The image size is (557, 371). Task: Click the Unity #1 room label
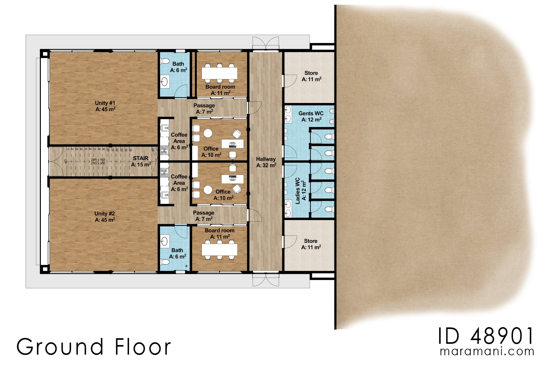tap(105, 106)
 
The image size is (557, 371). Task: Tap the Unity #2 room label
tap(105, 216)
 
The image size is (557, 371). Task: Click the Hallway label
tap(266, 162)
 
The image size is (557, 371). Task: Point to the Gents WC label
tap(311, 117)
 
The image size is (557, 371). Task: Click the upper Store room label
tap(311, 76)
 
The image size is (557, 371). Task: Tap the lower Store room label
tap(311, 244)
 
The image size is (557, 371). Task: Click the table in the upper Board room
tap(219, 73)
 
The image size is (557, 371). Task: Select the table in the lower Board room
tap(219, 250)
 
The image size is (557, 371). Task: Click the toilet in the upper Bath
tap(165, 60)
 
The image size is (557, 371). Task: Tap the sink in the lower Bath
tap(165, 241)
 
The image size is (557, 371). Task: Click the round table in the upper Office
tap(208, 133)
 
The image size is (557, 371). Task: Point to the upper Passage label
tap(204, 109)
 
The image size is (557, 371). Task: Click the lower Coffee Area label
tap(179, 183)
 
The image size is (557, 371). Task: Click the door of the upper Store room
tap(290, 81)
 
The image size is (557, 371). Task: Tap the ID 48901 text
tap(486, 336)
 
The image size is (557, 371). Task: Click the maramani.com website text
tap(487, 352)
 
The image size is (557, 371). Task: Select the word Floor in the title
tap(143, 347)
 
